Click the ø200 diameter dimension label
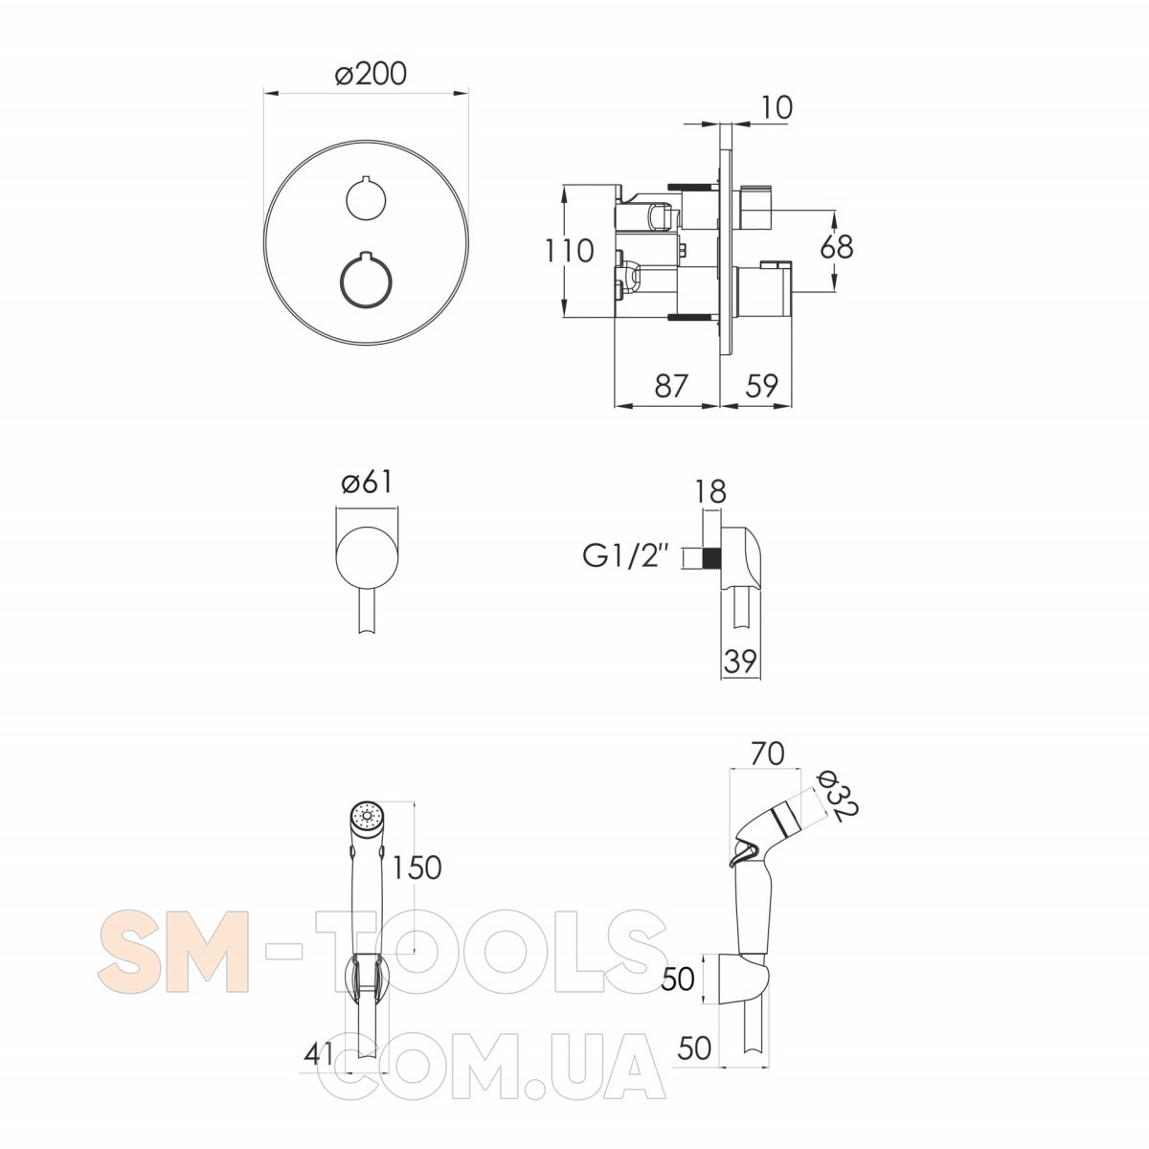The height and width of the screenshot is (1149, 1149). pos(371,74)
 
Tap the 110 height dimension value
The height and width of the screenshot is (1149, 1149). pos(569,251)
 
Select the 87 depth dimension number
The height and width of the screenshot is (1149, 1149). pos(671,386)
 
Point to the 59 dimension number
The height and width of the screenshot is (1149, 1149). pos(761,386)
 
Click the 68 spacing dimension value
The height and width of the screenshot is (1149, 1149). pos(837,247)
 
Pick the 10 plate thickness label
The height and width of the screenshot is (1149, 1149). pos(777,107)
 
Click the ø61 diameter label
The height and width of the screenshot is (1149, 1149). pos(368,483)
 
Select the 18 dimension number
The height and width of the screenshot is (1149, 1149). pos(711,492)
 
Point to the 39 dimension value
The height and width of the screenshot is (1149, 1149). pos(739,661)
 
